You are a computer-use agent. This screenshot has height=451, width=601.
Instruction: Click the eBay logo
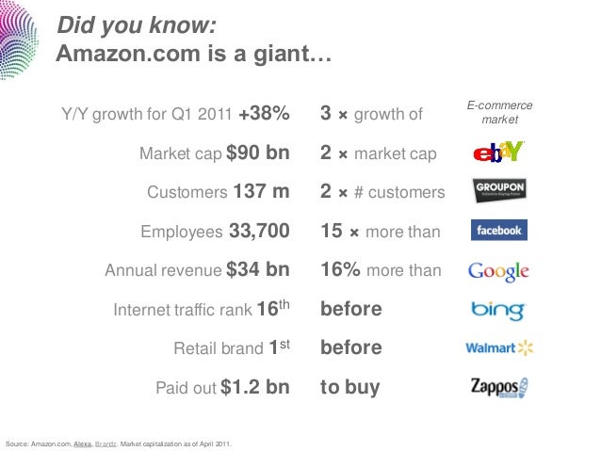pos(498,152)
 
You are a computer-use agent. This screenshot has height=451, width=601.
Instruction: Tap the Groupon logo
pos(498,190)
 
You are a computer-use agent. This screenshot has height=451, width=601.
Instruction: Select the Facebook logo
pos(498,230)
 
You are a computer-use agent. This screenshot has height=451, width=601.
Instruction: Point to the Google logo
pos(498,270)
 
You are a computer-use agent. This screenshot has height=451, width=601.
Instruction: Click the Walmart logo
pos(499,348)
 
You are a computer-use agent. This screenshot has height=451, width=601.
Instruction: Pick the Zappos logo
pos(499,387)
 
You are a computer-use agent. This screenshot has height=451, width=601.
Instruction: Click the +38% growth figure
pos(264,114)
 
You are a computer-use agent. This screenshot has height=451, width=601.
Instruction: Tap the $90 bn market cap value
pos(257,153)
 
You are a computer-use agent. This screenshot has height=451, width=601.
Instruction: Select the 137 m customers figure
pos(261,192)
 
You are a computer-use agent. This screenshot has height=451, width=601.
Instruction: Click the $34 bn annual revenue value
pos(257,270)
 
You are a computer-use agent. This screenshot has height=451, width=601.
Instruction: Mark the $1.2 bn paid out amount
pos(254,387)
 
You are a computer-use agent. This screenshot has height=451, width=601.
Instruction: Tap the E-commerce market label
pos(499,114)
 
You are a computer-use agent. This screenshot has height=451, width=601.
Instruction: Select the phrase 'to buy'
pos(350,387)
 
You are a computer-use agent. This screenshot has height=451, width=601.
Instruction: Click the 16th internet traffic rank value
pos(273,308)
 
